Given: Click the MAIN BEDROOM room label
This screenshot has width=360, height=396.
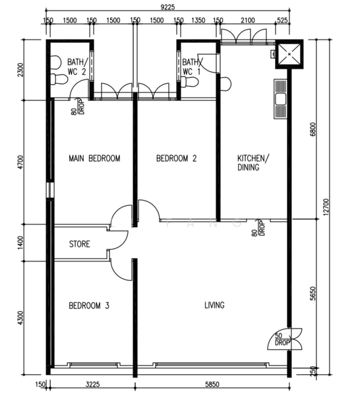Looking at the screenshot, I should click(x=94, y=158).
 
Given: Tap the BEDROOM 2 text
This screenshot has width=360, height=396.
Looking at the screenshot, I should click(x=176, y=158).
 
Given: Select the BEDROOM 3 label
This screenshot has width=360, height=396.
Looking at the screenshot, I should click(x=89, y=306).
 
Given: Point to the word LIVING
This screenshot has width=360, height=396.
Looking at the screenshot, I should click(x=214, y=305).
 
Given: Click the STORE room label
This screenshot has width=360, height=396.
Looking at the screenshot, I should click(x=80, y=244).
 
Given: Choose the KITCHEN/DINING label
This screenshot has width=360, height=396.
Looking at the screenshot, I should click(x=253, y=163).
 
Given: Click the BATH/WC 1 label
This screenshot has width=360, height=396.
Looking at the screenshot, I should click(x=192, y=67).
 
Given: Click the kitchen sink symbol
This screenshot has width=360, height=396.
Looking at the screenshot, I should click(x=280, y=100).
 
